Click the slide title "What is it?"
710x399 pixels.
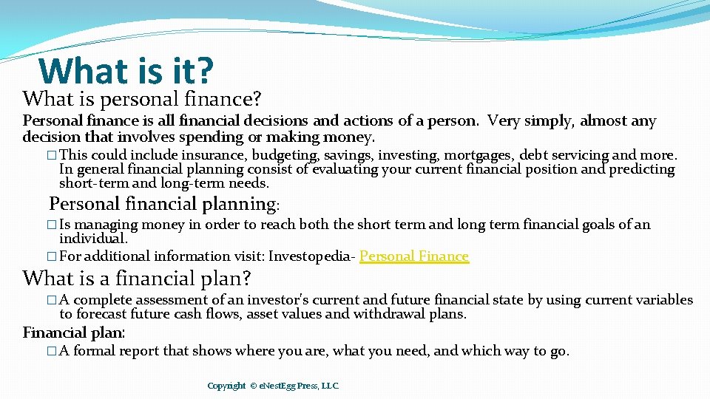point(126,71)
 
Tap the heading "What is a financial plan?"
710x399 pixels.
point(137,279)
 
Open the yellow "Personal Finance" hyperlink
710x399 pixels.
point(414,256)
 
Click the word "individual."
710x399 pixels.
point(93,239)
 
